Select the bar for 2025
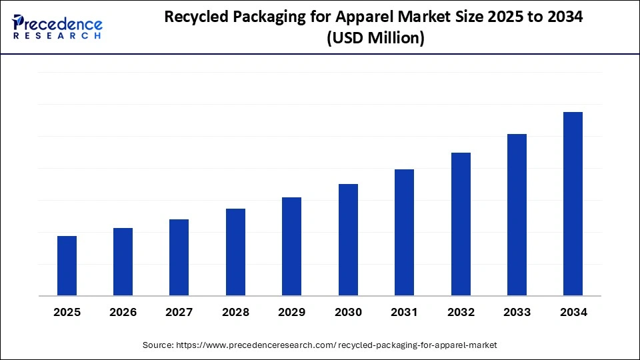(67, 266)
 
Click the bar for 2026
(123, 262)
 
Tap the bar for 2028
(235, 252)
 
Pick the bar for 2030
(348, 240)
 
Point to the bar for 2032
(461, 224)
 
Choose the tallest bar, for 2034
(573, 204)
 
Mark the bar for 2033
(517, 215)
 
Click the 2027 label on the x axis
(179, 312)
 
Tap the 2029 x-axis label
(292, 312)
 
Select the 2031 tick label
(404, 312)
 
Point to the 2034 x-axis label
(573, 312)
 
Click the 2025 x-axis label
(67, 312)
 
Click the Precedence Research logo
(57, 27)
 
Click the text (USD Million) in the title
(375, 39)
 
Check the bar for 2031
(404, 233)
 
